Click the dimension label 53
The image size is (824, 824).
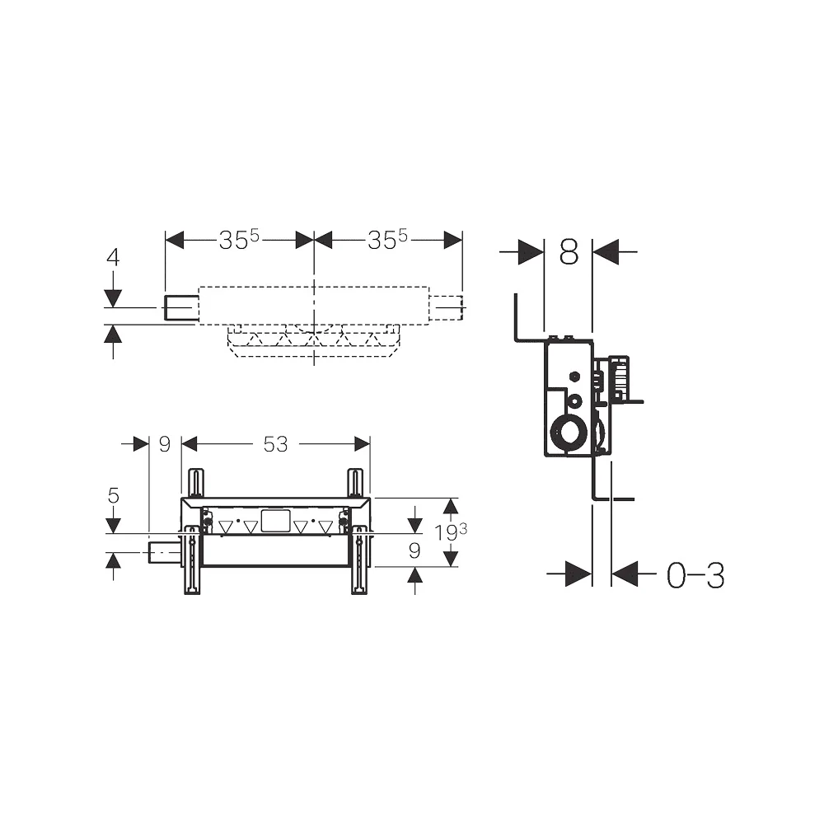275,445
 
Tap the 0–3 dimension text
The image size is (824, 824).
695,575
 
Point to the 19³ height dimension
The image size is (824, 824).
451,532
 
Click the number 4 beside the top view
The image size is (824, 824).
113,257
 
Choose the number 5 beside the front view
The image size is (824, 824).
114,495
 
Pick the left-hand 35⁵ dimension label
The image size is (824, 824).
239,240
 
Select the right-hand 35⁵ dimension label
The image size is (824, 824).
388,240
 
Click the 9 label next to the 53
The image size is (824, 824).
165,445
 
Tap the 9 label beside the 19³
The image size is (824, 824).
414,550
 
